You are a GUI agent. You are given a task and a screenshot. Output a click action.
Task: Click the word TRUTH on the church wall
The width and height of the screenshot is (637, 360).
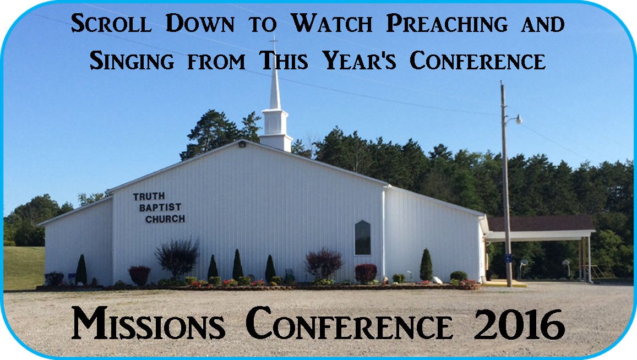point(149,197)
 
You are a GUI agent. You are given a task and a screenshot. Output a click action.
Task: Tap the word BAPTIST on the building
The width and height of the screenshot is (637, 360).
point(160,208)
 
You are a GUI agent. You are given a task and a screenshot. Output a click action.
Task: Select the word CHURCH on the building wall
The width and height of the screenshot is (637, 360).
point(165,219)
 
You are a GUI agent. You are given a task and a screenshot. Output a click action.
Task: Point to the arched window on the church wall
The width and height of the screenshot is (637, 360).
point(362,238)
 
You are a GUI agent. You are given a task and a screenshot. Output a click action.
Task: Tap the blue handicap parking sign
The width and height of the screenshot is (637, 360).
point(508,258)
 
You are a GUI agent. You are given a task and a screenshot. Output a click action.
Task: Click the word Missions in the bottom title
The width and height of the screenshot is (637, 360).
point(148,324)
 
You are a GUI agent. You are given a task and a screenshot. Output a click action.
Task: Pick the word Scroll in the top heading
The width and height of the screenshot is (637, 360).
point(111,23)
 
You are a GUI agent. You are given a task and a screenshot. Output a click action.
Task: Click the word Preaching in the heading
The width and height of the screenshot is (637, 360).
point(447,23)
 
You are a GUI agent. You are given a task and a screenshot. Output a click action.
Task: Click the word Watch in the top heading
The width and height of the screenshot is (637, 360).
point(332,23)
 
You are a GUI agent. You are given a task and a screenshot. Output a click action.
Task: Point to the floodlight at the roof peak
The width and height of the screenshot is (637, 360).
point(243,144)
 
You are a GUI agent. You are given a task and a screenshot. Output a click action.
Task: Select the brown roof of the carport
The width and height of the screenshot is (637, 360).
point(540,223)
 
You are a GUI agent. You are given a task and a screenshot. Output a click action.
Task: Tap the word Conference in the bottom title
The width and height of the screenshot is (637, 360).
point(349,324)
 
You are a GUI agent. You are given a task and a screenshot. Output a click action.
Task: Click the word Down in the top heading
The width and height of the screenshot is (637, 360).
point(200,23)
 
